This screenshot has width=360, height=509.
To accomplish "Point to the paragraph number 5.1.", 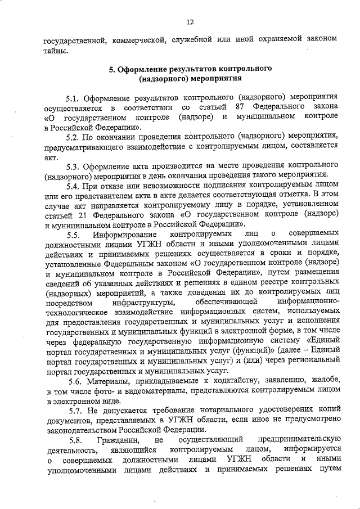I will coord(74,97).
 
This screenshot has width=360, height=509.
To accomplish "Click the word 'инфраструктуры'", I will coord(137,304).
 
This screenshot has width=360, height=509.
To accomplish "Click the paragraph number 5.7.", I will coord(74,411).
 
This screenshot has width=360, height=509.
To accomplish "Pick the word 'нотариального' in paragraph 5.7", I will coord(213,411).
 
